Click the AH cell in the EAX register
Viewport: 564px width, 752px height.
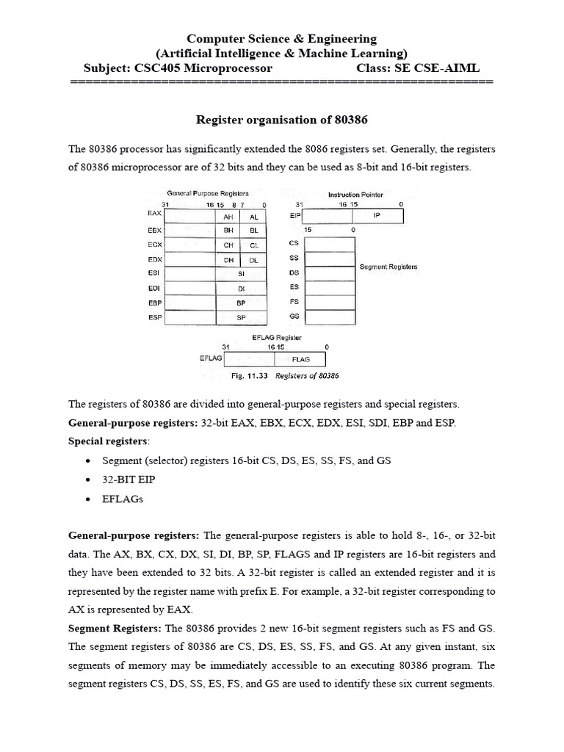(x=228, y=217)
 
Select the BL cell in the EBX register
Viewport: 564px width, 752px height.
(x=253, y=231)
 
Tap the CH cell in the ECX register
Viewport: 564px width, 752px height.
(x=228, y=245)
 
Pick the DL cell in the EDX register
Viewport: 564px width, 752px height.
(x=253, y=260)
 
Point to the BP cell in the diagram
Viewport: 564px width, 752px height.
(x=241, y=303)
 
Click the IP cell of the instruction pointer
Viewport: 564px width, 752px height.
(x=377, y=217)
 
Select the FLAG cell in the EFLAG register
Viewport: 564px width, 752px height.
(x=301, y=360)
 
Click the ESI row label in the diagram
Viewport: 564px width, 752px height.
(x=153, y=272)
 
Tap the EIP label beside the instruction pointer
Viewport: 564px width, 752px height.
(x=295, y=217)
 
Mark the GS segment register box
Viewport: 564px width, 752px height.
(x=329, y=316)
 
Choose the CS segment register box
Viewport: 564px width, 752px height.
(x=329, y=245)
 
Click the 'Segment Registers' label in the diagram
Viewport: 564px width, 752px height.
(x=388, y=267)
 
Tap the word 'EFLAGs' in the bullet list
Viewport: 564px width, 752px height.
(x=123, y=499)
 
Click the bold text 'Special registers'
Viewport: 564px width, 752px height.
(x=107, y=441)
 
